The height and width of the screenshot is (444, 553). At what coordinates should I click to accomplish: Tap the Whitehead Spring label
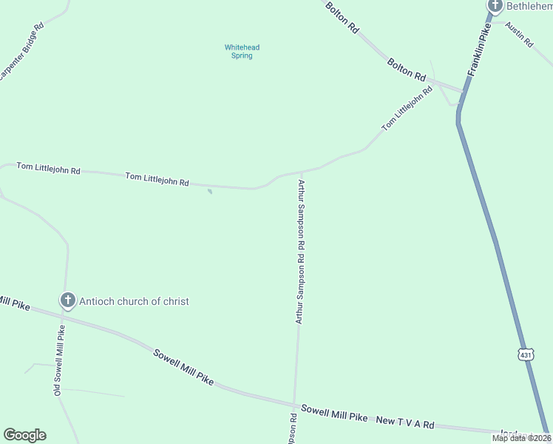[x=242, y=52]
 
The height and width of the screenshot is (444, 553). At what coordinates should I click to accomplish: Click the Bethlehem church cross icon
[x=495, y=6]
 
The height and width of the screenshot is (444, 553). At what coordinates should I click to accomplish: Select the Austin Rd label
[x=519, y=35]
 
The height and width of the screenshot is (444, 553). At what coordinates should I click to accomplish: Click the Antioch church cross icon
[x=67, y=300]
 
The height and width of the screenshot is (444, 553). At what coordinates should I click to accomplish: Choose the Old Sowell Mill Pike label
[x=58, y=360]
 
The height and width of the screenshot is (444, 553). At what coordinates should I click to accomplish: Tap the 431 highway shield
[x=526, y=355]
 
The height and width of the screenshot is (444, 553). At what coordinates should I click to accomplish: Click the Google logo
[x=24, y=435]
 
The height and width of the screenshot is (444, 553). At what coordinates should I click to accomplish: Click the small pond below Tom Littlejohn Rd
[x=210, y=192]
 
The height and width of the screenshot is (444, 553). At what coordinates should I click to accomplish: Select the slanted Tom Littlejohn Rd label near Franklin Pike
[x=407, y=110]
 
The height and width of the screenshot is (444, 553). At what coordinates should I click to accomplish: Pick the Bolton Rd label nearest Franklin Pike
[x=407, y=70]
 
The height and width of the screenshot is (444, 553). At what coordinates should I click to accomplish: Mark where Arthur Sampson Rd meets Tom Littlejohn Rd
[x=301, y=171]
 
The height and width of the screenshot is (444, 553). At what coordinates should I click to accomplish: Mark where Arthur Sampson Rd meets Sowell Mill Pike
[x=294, y=405]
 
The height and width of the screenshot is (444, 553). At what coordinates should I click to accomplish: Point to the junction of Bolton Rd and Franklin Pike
[x=464, y=91]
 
